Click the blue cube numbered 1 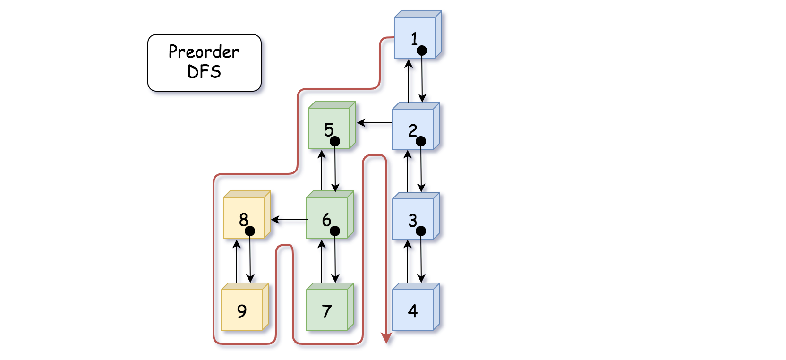tap(418, 35)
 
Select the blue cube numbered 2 tap(416, 126)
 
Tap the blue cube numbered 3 tap(416, 216)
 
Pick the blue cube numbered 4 tap(416, 307)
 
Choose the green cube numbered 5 tap(332, 125)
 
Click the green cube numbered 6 tap(330, 215)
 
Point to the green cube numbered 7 tap(330, 307)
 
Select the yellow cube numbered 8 tap(247, 215)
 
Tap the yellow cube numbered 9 tap(245, 307)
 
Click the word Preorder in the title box tap(204, 52)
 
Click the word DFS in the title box tap(204, 72)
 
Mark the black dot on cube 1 tap(422, 51)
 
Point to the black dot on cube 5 tap(335, 141)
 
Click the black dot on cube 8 tap(250, 231)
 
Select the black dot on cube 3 tap(421, 231)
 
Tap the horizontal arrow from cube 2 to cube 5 tap(374, 123)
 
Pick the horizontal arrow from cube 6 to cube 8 tap(290, 220)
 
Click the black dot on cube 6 tap(335, 231)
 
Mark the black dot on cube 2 tap(421, 141)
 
